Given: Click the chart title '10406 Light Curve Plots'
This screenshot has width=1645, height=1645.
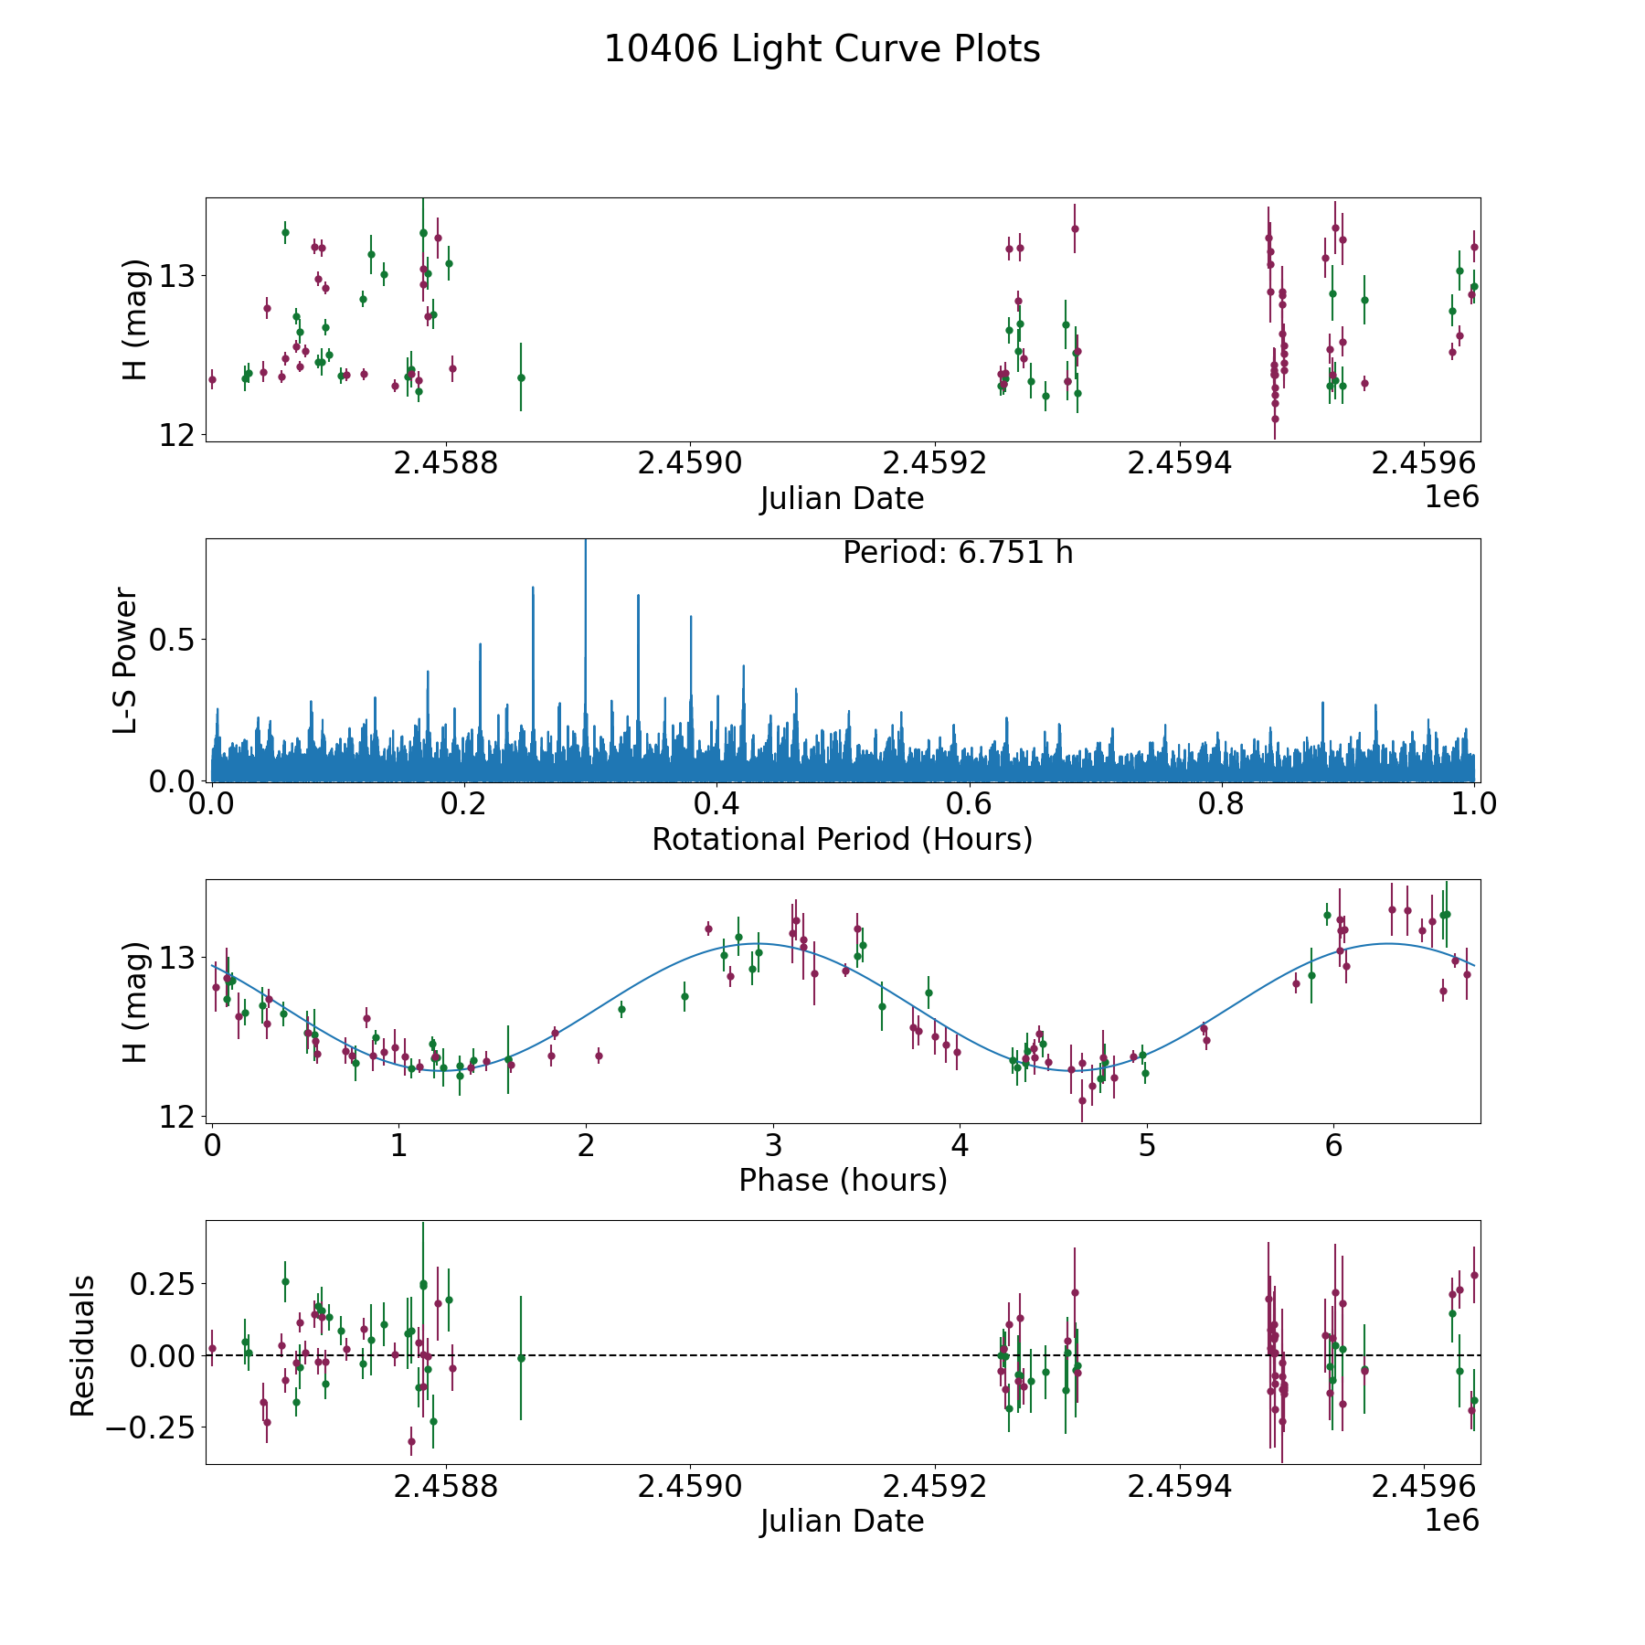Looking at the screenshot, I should (x=822, y=49).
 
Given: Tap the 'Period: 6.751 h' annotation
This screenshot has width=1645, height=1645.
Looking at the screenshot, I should (x=957, y=553).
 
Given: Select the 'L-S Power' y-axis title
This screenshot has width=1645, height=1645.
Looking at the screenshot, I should (x=126, y=660).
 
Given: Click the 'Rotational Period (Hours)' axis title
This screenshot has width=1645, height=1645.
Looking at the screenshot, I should (x=842, y=839).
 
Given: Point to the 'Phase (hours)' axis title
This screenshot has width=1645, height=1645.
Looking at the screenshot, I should (x=842, y=1181).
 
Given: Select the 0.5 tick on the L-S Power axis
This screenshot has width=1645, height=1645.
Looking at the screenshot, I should (x=174, y=640).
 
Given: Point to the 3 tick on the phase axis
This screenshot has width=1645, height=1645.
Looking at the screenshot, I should (x=773, y=1146).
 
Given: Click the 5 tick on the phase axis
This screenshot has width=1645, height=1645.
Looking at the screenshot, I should (x=1147, y=1146).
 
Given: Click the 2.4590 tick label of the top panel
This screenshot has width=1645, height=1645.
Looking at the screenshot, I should (x=690, y=463).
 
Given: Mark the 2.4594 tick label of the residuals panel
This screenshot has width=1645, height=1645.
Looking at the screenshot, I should (x=1180, y=1486).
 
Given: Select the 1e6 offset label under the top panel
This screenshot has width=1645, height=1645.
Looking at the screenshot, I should (x=1451, y=497).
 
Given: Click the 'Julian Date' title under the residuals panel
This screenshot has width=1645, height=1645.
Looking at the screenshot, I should (x=842, y=1522).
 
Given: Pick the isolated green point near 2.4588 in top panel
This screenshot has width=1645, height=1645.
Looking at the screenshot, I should (x=521, y=377).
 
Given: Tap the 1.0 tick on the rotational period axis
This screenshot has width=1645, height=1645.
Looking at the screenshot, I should (x=1474, y=804).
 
